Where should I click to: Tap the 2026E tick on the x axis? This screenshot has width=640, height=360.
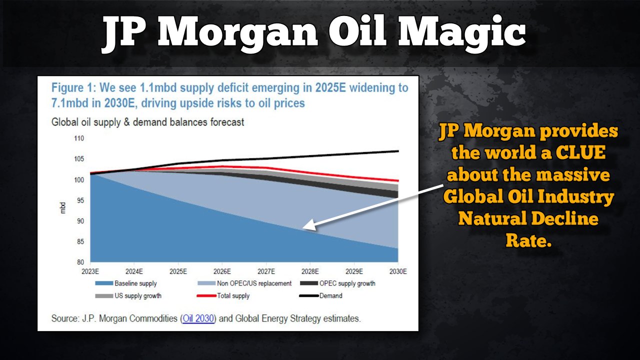[x=221, y=271]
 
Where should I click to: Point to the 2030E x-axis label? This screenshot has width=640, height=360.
[x=397, y=271]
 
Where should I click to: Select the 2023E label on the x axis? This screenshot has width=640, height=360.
[x=90, y=271]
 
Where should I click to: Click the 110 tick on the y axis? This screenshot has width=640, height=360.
[x=78, y=138]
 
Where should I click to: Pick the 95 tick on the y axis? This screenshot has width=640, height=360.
[x=79, y=200]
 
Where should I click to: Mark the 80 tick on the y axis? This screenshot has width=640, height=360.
[x=79, y=262]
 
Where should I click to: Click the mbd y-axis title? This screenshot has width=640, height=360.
[x=63, y=207]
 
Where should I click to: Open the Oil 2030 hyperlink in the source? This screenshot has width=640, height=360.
[x=198, y=318]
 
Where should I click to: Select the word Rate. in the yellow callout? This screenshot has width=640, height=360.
[x=528, y=241]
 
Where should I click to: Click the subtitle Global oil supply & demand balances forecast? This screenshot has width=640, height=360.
[x=148, y=122]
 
